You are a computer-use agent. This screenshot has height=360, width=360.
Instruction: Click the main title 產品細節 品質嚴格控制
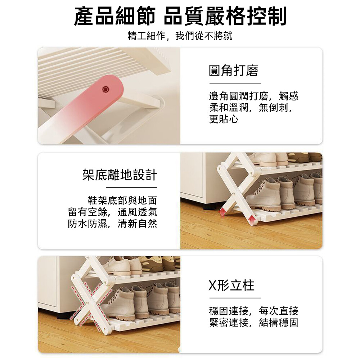(x=180, y=16)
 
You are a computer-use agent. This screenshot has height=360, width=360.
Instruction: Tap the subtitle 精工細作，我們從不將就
(x=180, y=36)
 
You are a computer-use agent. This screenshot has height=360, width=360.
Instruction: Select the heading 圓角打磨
(x=234, y=70)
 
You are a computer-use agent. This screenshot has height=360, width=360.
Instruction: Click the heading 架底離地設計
(x=120, y=175)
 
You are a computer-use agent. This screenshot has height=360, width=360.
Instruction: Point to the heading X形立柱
(x=231, y=285)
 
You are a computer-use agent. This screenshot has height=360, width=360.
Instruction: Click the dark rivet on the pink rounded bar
(x=105, y=89)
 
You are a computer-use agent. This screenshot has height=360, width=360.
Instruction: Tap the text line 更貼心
(x=224, y=119)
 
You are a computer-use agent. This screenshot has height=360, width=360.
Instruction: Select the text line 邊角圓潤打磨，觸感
(x=254, y=96)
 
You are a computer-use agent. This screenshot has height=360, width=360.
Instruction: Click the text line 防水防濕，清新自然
(x=112, y=224)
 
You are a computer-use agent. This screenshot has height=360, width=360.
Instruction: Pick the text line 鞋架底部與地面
(x=122, y=201)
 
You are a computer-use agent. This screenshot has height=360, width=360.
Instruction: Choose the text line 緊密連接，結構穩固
(x=254, y=323)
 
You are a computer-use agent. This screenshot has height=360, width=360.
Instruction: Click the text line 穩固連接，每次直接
(x=254, y=311)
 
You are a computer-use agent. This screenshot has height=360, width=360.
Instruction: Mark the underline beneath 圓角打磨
(x=235, y=83)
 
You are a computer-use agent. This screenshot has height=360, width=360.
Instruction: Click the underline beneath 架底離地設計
(x=131, y=188)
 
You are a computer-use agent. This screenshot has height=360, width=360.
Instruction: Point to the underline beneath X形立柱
(x=235, y=298)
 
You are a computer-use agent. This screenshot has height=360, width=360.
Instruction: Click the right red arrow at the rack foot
(x=252, y=220)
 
